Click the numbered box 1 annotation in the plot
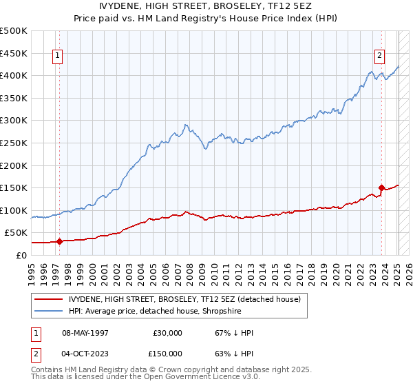(57, 57)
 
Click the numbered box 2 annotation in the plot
(379, 57)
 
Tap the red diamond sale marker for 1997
(59, 241)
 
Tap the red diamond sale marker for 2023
(381, 187)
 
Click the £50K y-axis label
(17, 233)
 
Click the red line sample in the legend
(50, 299)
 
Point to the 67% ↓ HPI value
(234, 333)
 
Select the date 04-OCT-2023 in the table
(85, 354)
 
